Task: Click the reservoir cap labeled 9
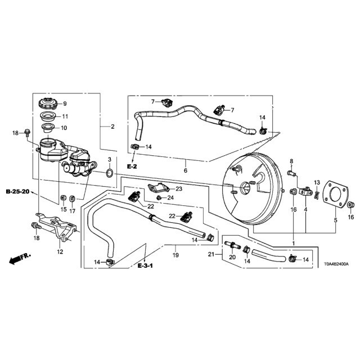point(48,103)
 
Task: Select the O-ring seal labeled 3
point(110,173)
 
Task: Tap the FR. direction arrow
point(20,259)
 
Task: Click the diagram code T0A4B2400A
point(336,264)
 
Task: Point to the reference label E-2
point(132,166)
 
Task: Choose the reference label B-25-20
point(18,191)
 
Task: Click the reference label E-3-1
point(145,265)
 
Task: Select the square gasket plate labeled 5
point(335,194)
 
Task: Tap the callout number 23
point(179,189)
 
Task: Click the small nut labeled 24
point(159,197)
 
